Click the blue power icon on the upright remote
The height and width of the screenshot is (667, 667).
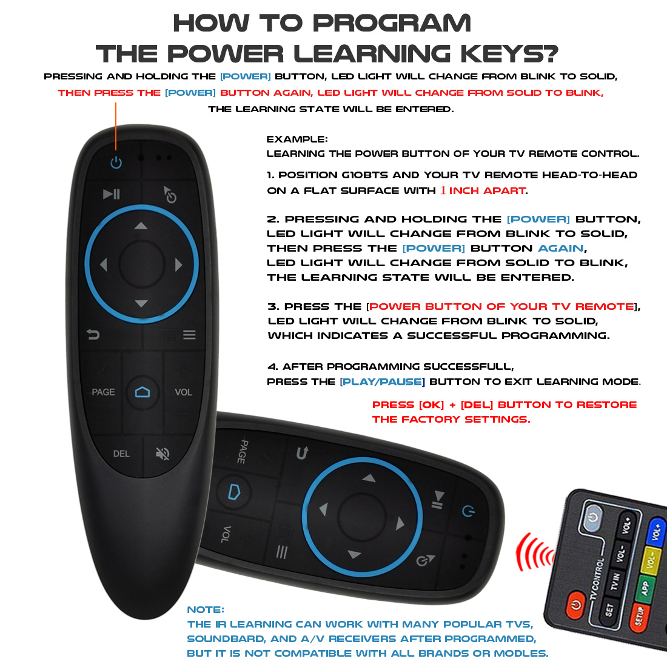pyautogui.click(x=116, y=163)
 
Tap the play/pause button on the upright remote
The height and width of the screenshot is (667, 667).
pyautogui.click(x=112, y=194)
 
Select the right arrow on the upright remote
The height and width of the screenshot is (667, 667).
pyautogui.click(x=178, y=264)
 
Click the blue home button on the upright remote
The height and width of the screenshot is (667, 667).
pyautogui.click(x=142, y=392)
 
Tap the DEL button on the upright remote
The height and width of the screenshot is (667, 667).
pyautogui.click(x=121, y=454)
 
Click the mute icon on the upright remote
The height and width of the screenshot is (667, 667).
pyautogui.click(x=163, y=454)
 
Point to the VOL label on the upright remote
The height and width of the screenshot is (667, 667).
pyautogui.click(x=183, y=392)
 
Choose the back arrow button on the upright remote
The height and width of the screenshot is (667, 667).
pyautogui.click(x=93, y=334)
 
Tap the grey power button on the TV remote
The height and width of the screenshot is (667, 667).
pyautogui.click(x=592, y=517)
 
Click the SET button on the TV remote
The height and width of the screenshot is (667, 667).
pyautogui.click(x=609, y=609)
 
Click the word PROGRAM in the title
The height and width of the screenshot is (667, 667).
pyautogui.click(x=392, y=24)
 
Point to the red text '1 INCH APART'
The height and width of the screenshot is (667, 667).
pyautogui.click(x=483, y=190)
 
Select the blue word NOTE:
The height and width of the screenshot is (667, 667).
pyautogui.click(x=206, y=609)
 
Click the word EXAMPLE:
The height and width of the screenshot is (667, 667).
pyautogui.click(x=297, y=139)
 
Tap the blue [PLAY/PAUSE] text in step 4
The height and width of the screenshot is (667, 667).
pyautogui.click(x=382, y=381)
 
